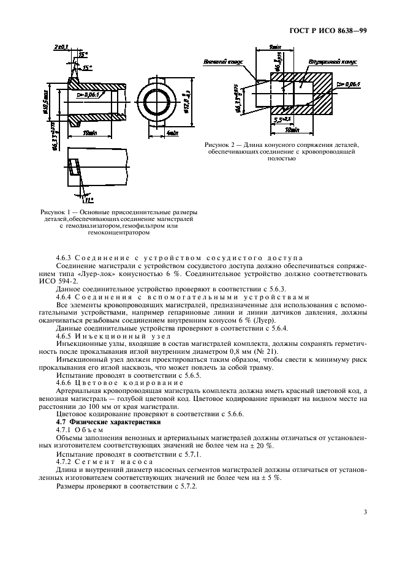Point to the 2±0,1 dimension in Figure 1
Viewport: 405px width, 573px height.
(x=62, y=47)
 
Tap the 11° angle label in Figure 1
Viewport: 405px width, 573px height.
(x=89, y=199)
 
